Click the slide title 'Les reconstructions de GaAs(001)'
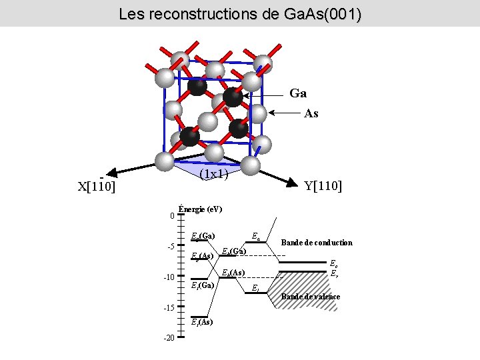240,13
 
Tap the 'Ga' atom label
298,93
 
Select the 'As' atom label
311,113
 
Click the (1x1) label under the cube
215,175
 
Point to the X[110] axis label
97,187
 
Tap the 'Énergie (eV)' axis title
201,209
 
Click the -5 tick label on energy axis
170,247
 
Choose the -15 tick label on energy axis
169,308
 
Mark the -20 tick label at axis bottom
169,339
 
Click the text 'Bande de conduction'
317,243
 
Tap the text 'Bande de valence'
311,297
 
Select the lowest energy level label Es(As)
202,322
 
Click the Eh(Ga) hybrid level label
234,251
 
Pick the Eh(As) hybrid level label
233,272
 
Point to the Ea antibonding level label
256,235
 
